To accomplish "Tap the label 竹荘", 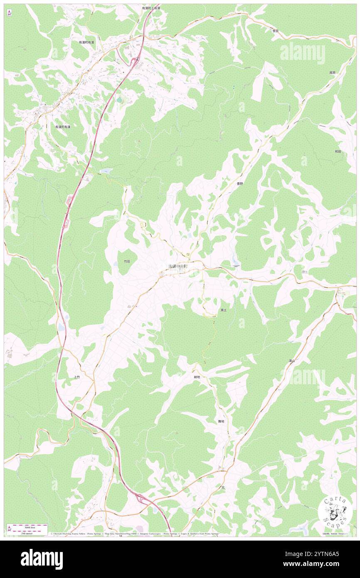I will [127, 262].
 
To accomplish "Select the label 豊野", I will [240, 183].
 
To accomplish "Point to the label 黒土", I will [223, 310].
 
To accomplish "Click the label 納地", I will [197, 377].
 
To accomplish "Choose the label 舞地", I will [221, 421].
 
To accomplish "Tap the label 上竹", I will [76, 378].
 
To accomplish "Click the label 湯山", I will [291, 361].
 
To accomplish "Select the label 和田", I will [338, 152].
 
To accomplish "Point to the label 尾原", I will [332, 72].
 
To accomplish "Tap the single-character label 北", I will [223, 487].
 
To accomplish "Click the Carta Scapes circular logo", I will [335, 512].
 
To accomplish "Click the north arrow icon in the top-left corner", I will [9, 12].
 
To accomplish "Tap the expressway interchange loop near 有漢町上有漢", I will [136, 62].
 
